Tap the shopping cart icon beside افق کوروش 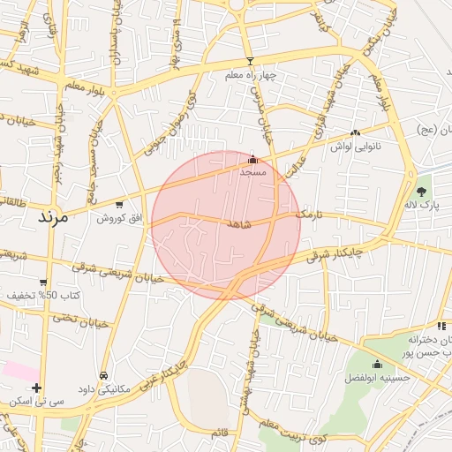point(119,205)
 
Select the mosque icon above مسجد point(253,159)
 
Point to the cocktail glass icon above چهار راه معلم point(250,61)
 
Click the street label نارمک point(310,214)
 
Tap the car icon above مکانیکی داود point(104,375)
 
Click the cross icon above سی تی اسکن point(36,388)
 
